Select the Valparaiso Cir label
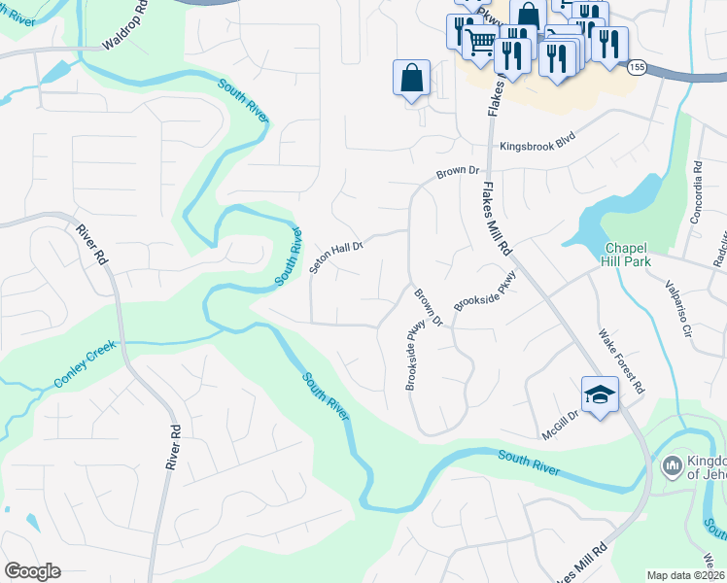tap(677, 308)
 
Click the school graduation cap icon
tap(600, 394)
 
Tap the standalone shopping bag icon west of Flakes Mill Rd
tap(411, 78)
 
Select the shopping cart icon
tap(479, 42)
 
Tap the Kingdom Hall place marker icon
tap(671, 467)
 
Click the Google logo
tap(33, 570)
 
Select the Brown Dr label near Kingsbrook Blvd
tap(458, 172)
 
